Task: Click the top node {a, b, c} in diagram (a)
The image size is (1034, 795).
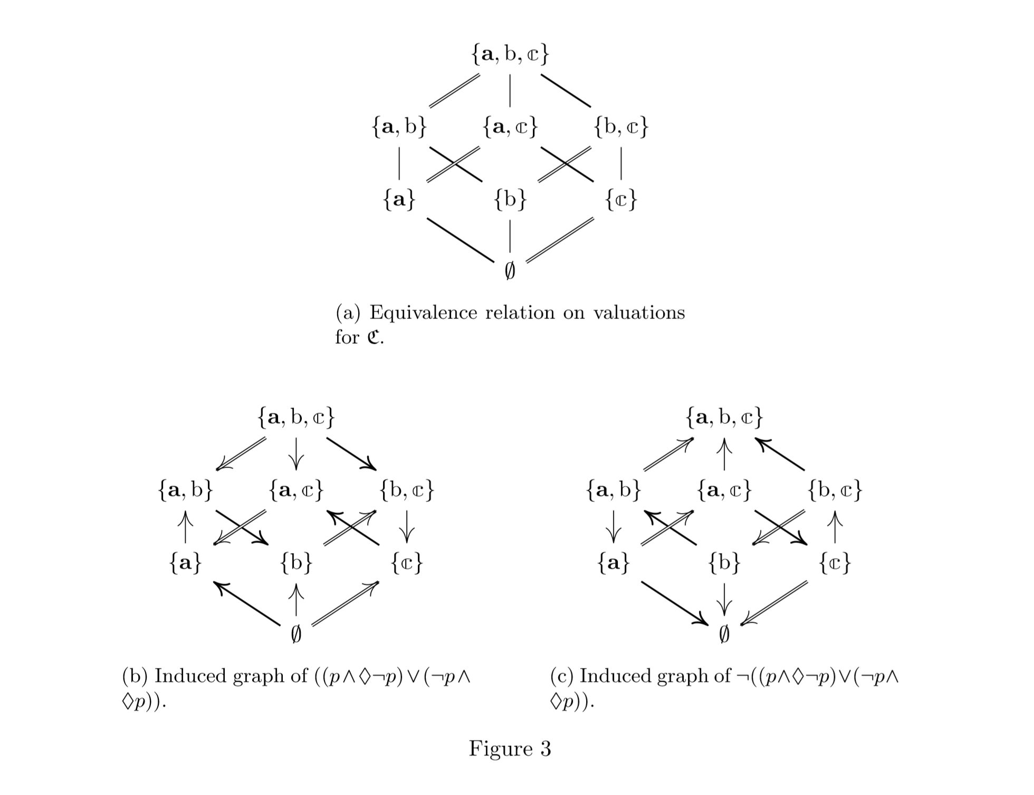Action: (x=510, y=54)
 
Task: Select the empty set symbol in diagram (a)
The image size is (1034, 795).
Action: (x=510, y=271)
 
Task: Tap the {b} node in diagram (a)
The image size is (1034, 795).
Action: (x=510, y=200)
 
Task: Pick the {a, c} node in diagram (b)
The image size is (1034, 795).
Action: (x=296, y=491)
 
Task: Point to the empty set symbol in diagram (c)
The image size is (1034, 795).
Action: (x=724, y=635)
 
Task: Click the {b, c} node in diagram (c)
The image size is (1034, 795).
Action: (x=835, y=491)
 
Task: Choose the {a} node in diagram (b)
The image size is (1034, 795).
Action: (x=185, y=564)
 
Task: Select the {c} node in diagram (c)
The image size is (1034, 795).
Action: (x=835, y=564)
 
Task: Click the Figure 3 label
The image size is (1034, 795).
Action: (x=510, y=749)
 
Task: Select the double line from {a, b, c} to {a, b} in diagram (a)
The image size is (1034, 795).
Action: (x=455, y=91)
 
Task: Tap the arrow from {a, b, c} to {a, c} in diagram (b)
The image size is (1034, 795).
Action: (x=296, y=453)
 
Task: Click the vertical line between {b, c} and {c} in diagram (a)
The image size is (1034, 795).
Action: (x=621, y=163)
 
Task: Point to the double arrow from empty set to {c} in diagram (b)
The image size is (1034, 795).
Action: (x=346, y=603)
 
